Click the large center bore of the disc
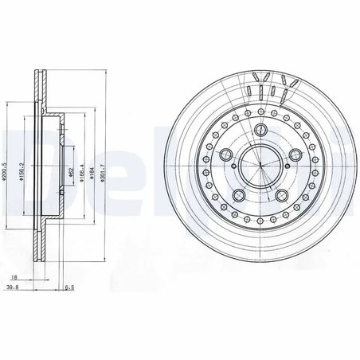pyautogui.click(x=260, y=165)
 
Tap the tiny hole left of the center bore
pyautogui.click(x=233, y=174)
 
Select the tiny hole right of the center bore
pyautogui.click(x=287, y=174)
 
